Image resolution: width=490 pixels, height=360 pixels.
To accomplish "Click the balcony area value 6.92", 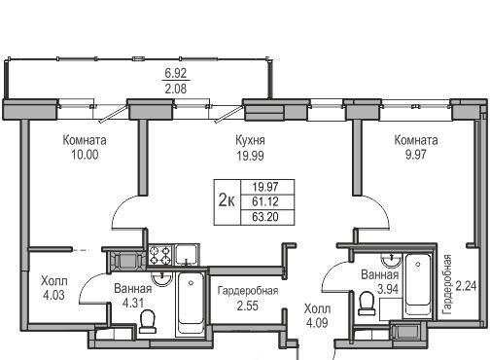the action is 176,73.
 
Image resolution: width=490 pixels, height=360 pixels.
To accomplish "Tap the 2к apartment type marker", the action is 227,200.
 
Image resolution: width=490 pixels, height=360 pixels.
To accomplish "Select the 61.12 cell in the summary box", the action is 265,201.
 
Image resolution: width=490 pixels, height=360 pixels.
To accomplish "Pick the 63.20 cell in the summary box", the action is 265,217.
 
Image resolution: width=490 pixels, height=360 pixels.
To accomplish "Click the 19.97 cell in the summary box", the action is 265,187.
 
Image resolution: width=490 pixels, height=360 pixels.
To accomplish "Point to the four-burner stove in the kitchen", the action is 160,255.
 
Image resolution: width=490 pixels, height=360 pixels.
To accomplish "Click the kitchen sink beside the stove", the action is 187,255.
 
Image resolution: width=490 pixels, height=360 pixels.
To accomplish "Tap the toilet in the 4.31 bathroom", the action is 148,321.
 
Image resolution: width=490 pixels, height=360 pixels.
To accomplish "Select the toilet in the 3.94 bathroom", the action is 367,304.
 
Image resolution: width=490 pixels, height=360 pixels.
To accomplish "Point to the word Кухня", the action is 250,140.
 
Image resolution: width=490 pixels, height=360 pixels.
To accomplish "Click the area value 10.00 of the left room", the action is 85,155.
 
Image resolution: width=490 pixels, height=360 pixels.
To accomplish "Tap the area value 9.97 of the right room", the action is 416,155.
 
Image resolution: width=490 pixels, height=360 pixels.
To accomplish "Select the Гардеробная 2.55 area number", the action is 248,306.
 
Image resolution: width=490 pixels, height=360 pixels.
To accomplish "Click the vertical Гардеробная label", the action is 447,285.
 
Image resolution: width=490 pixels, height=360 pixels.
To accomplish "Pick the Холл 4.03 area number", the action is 53,295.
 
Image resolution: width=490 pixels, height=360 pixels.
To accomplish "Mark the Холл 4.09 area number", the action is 317,323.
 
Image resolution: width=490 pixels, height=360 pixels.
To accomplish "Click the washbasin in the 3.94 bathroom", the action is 392,260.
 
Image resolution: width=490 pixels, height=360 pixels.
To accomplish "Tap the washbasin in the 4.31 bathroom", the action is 161,279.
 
